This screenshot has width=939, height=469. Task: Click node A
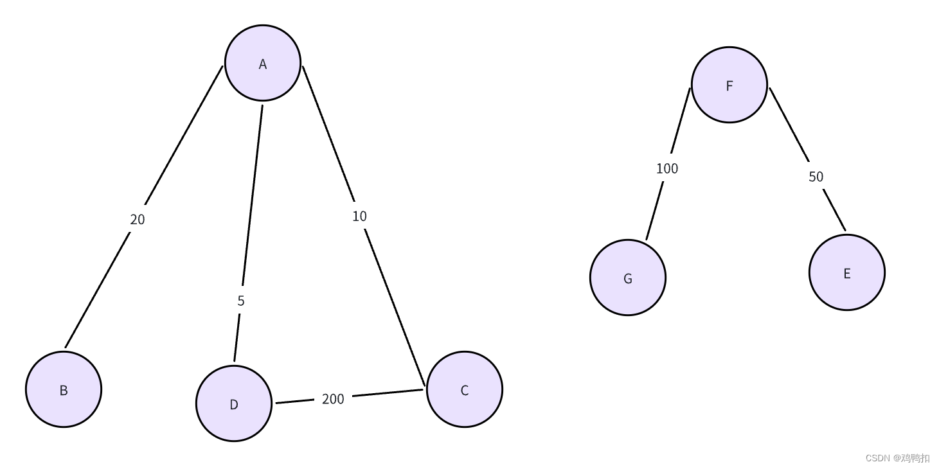pyautogui.click(x=262, y=63)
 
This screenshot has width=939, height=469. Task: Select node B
pyautogui.click(x=64, y=389)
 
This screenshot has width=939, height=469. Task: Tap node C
pyautogui.click(x=464, y=389)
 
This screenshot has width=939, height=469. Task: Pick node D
pyautogui.click(x=233, y=403)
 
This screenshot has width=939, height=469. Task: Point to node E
pyautogui.click(x=846, y=272)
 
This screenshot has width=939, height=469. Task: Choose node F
pyautogui.click(x=729, y=85)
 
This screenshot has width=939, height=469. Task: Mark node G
pyautogui.click(x=627, y=278)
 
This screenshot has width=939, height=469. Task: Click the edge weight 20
pyautogui.click(x=138, y=220)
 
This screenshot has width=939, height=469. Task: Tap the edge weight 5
pyautogui.click(x=241, y=301)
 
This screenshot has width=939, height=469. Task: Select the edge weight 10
pyautogui.click(x=359, y=217)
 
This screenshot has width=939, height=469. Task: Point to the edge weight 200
pyautogui.click(x=333, y=399)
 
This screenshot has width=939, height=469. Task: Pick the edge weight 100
pyautogui.click(x=667, y=168)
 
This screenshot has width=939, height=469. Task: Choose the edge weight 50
pyautogui.click(x=816, y=177)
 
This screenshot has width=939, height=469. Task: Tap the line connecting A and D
pyautogui.click(x=253, y=193)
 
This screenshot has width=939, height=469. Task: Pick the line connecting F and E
pyautogui.click(x=789, y=125)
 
